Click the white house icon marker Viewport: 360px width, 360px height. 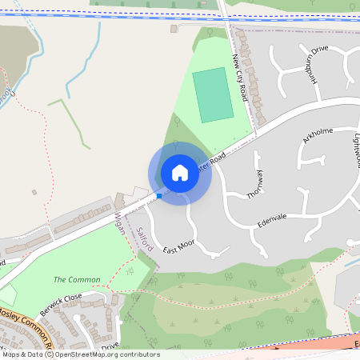pos(180,173)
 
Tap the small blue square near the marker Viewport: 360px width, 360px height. pos(159,195)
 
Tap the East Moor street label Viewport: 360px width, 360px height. pos(179,250)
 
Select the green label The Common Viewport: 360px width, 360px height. pos(77,280)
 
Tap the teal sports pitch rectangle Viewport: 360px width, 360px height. pos(213,94)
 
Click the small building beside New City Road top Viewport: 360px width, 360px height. pos(174,29)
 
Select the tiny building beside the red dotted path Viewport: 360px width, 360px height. pos(34,192)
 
